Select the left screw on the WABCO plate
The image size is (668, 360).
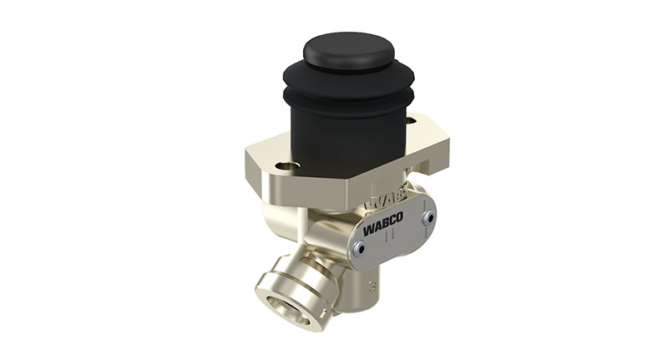360,247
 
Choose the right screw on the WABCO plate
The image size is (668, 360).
428,217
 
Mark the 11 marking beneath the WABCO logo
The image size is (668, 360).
388,238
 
